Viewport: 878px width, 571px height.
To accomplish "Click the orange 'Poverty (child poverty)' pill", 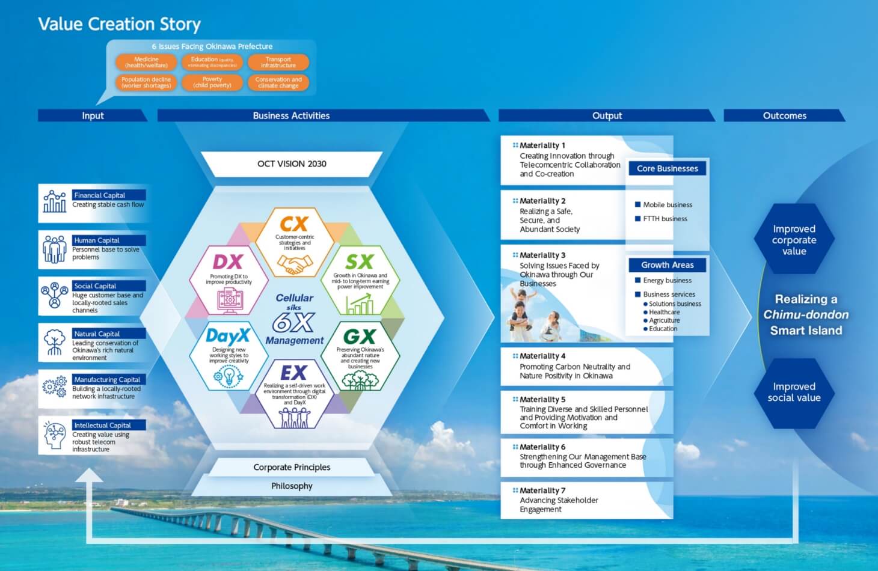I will pyautogui.click(x=212, y=82).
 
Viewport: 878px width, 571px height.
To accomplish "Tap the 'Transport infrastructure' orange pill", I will pyautogui.click(x=278, y=63).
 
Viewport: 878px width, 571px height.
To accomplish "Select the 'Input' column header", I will pyautogui.click(x=93, y=115).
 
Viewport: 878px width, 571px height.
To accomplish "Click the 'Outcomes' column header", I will pyautogui.click(x=784, y=115).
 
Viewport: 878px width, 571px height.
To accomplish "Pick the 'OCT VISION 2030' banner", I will pyautogui.click(x=292, y=163).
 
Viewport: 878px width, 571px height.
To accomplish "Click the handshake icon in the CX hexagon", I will pyautogui.click(x=295, y=264).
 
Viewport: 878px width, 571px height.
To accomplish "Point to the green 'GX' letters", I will pyautogui.click(x=359, y=336).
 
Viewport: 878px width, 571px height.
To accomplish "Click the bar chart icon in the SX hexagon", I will pyautogui.click(x=360, y=305).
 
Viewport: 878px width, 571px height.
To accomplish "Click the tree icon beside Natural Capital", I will pyautogui.click(x=55, y=342).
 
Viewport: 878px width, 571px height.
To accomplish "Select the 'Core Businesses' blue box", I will pyautogui.click(x=667, y=168).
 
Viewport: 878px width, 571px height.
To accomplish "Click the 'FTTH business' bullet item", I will pyautogui.click(x=665, y=219).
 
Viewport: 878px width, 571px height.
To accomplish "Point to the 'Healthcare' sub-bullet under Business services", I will pyautogui.click(x=664, y=312).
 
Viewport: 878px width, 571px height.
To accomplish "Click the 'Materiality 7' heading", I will pyautogui.click(x=542, y=490).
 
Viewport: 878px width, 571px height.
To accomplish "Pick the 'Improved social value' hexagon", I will pyautogui.click(x=794, y=392).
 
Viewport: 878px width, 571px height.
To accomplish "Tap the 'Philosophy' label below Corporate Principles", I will pyautogui.click(x=292, y=486).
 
